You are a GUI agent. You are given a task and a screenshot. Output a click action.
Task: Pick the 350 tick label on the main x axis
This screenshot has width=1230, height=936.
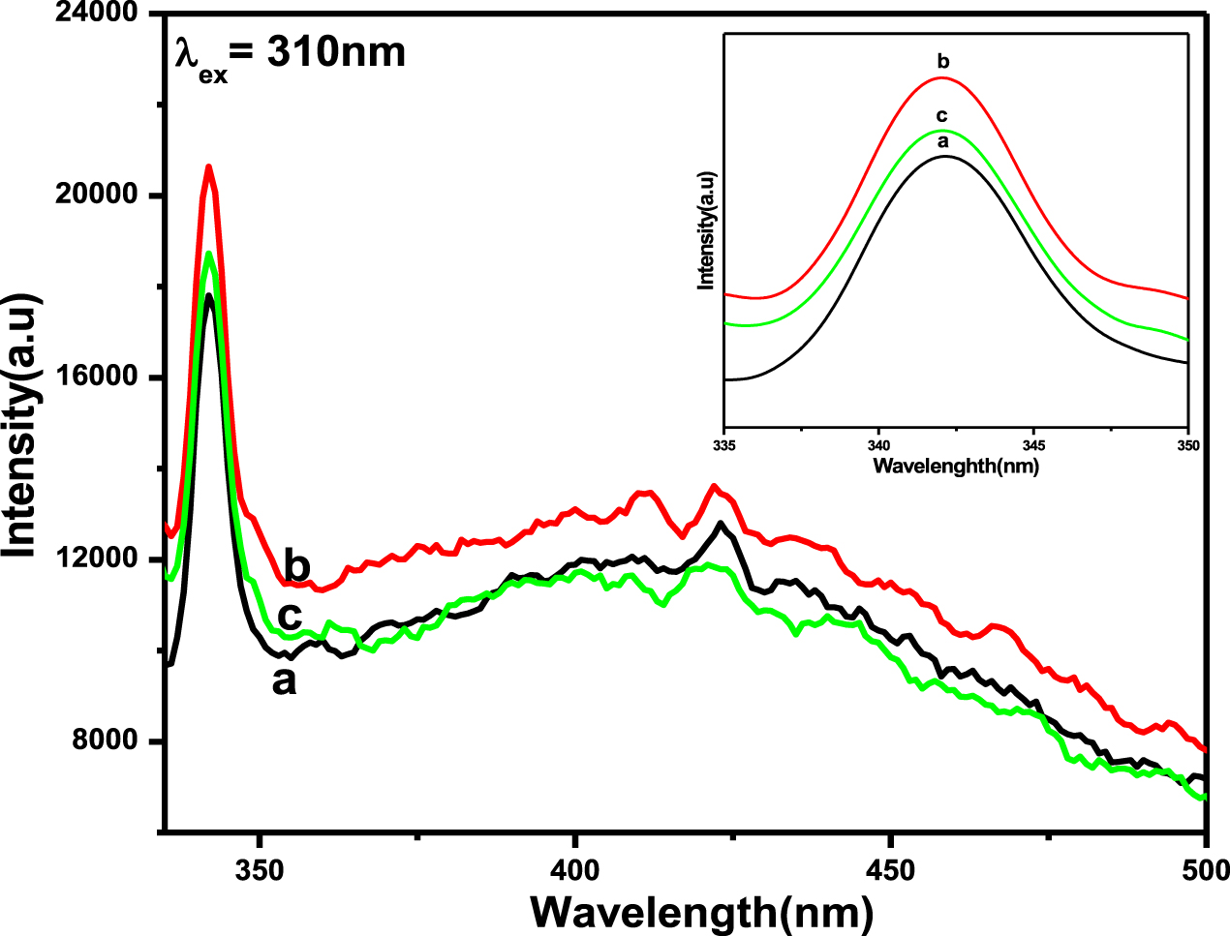259,870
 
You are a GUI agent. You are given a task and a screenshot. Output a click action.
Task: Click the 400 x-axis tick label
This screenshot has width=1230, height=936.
575,870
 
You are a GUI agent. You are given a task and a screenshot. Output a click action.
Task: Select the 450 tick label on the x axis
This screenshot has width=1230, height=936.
891,870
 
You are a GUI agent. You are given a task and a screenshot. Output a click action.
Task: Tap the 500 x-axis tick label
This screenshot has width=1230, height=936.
1205,870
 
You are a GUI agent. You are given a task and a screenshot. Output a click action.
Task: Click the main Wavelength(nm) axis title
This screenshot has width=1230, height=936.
702,912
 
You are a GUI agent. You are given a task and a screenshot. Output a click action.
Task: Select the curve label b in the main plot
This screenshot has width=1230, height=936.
297,563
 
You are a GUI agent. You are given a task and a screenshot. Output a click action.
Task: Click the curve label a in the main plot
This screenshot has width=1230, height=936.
284,681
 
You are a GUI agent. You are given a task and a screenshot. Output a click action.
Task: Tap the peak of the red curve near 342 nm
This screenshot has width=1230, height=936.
208,166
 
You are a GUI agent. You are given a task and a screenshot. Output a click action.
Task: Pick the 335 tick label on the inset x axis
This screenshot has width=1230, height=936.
724,446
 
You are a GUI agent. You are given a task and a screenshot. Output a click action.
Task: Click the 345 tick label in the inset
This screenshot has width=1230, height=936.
1033,446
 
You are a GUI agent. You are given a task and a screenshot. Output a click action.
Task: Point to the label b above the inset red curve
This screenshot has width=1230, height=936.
943,63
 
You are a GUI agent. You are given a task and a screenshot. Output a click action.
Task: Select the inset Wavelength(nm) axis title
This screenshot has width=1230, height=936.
956,466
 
